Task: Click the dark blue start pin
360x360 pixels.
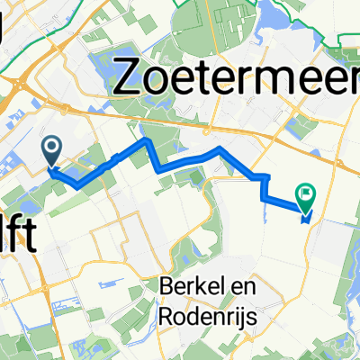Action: pos(51,148)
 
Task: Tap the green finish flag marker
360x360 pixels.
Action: pos(307,192)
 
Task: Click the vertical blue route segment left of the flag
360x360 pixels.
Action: pos(263,187)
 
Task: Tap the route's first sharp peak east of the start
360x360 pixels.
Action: pos(144,142)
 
